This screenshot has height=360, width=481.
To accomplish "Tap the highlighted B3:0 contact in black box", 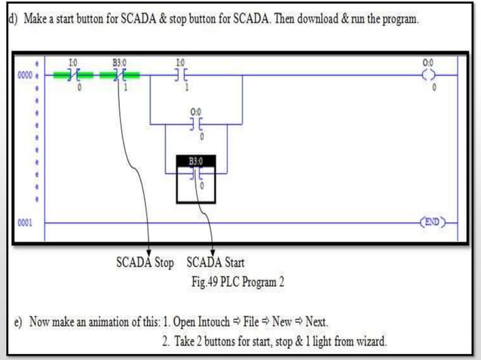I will pyautogui.click(x=196, y=174).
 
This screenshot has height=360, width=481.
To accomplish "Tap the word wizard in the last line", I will pyautogui.click(x=369, y=342).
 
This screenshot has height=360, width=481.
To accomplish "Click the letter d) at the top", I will pyautogui.click(x=13, y=18).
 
